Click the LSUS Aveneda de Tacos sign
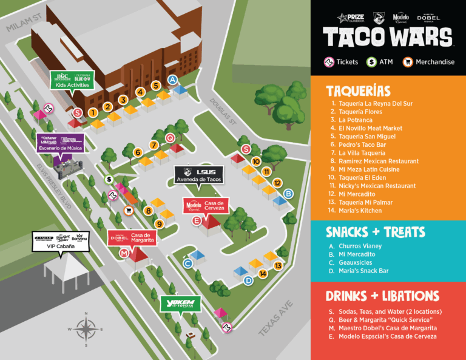[x=200, y=175]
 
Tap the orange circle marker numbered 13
[x=279, y=265]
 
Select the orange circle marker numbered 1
[x=93, y=112]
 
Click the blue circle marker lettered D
[x=248, y=280]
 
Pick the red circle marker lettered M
[x=124, y=253]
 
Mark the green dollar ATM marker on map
[x=108, y=179]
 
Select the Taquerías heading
[x=358, y=91]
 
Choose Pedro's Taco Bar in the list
[x=362, y=145]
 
